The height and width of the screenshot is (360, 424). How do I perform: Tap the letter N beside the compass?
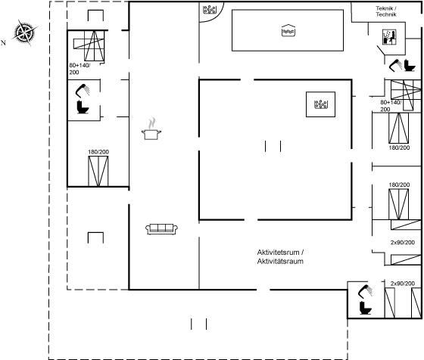(x=3, y=42)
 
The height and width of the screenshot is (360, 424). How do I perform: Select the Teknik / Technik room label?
(x=386, y=11)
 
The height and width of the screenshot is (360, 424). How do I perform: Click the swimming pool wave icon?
(x=288, y=30)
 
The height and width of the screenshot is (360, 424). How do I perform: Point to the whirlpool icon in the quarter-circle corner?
(x=210, y=9)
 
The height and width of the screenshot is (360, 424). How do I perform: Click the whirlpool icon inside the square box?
(x=321, y=104)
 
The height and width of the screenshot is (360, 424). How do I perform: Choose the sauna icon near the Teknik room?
(x=389, y=37)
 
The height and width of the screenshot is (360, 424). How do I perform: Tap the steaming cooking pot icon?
(x=151, y=129)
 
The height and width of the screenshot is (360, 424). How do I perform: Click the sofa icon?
(x=162, y=229)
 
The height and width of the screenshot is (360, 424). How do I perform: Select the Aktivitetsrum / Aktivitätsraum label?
(x=280, y=257)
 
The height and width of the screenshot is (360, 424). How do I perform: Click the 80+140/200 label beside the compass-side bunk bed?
(x=79, y=69)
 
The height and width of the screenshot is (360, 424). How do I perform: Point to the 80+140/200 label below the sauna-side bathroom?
(x=391, y=106)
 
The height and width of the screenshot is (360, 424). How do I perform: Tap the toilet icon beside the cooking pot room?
(x=83, y=107)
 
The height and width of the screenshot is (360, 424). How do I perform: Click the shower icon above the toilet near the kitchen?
(x=83, y=91)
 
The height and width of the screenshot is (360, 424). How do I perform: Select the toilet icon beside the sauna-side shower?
(x=410, y=65)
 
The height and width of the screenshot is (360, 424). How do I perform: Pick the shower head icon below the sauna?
(x=395, y=65)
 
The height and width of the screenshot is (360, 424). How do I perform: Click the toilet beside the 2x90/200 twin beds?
(x=366, y=308)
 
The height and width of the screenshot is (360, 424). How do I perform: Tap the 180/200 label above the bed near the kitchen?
(x=98, y=152)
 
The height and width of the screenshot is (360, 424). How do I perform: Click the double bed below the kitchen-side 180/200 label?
(x=98, y=171)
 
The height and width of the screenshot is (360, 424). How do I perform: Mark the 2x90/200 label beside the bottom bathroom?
(x=402, y=284)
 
